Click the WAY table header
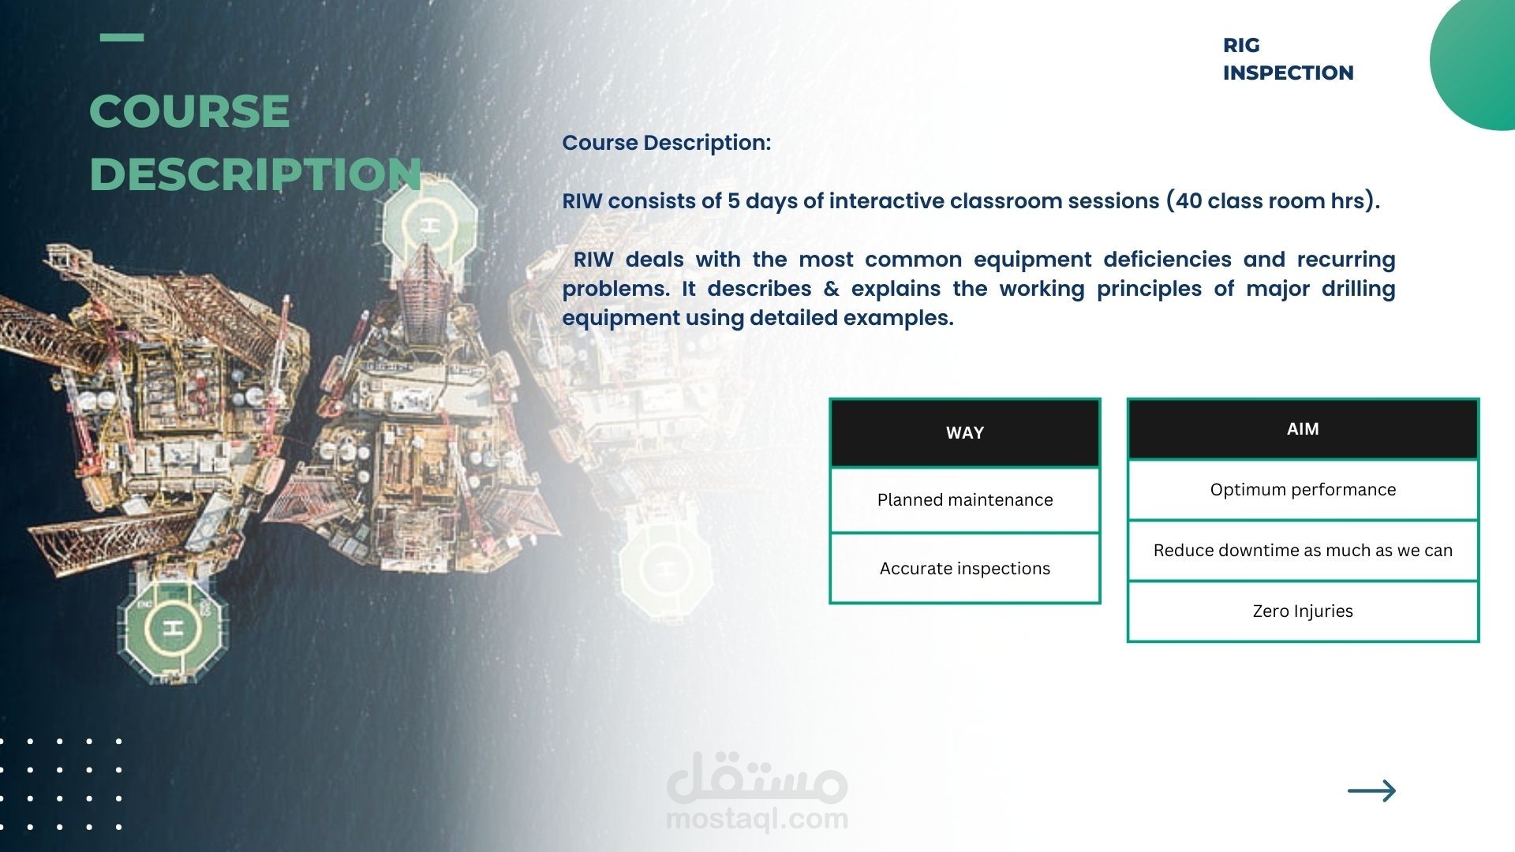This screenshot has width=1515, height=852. tap(965, 433)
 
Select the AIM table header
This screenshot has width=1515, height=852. tap(1303, 429)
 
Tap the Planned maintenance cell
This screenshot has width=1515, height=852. tap(965, 500)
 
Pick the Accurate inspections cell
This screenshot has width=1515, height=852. tap(965, 569)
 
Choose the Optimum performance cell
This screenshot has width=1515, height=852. tap(1303, 490)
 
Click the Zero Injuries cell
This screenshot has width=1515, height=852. tap(1303, 611)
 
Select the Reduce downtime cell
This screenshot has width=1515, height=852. tap(1303, 551)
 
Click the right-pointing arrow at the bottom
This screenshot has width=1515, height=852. tap(1371, 790)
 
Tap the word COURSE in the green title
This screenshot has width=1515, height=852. tap(189, 111)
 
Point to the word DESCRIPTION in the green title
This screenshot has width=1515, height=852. tap(256, 174)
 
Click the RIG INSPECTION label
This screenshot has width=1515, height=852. tap(1288, 59)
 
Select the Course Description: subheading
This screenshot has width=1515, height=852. tap(666, 143)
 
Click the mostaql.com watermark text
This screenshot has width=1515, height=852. tap(757, 819)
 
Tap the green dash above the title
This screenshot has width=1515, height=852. tap(122, 37)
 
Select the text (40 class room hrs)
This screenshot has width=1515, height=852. tap(1273, 201)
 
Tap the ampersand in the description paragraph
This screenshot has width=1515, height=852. tap(831, 289)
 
